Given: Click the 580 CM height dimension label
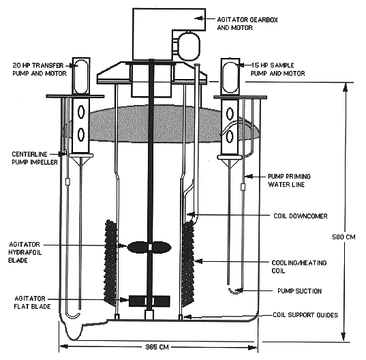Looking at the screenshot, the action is click(344, 237).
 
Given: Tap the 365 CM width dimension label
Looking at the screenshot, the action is click(157, 347).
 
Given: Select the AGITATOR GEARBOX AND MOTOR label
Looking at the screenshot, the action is click(247, 24).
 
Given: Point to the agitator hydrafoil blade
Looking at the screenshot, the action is click(149, 247).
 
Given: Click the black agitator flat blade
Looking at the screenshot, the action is click(149, 301).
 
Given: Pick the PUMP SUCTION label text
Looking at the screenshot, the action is click(299, 291).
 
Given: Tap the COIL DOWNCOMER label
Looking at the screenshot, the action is click(301, 216).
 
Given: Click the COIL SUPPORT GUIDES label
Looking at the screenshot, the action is click(305, 315).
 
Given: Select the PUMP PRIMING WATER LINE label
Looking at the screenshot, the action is click(289, 180).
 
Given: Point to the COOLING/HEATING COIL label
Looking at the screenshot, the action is click(299, 267).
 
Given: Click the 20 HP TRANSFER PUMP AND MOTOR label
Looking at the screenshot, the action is click(40, 69).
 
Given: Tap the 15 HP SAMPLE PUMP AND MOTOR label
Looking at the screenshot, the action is click(278, 69).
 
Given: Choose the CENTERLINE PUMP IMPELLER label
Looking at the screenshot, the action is click(35, 158).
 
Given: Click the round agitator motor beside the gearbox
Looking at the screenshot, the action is click(189, 46).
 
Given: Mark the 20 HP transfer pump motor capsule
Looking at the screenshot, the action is click(81, 76).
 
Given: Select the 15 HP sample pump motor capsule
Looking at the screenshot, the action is click(230, 77).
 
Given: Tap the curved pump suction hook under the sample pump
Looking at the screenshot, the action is click(236, 291).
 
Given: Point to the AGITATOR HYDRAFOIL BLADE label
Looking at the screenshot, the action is click(25, 252).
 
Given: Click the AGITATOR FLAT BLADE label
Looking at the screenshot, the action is click(32, 302).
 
